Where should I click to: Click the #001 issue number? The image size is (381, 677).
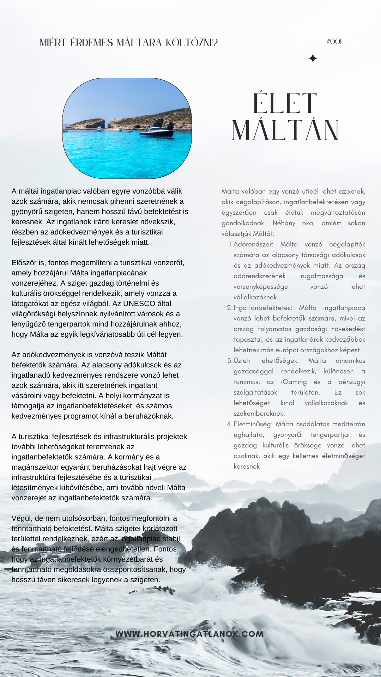click(x=334, y=42)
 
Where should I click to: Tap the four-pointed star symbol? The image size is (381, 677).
click(x=313, y=59)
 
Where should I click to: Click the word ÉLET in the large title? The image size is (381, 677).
click(x=285, y=104)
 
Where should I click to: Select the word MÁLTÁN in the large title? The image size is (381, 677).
click(x=285, y=130)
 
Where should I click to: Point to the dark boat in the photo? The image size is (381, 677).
click(x=157, y=132)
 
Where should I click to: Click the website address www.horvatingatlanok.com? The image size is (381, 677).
click(x=190, y=634)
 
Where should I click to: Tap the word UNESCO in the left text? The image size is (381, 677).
click(x=139, y=304)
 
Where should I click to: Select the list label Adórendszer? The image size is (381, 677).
click(x=253, y=244)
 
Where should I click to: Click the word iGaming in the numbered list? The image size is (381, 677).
click(x=294, y=382)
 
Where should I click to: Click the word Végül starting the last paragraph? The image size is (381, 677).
click(x=21, y=518)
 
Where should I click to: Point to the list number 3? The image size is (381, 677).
click(x=229, y=361)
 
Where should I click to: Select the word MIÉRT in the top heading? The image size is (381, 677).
click(x=53, y=43)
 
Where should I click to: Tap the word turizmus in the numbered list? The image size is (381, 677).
click(x=246, y=382)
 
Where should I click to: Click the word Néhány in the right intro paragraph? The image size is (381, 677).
click(x=284, y=223)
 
